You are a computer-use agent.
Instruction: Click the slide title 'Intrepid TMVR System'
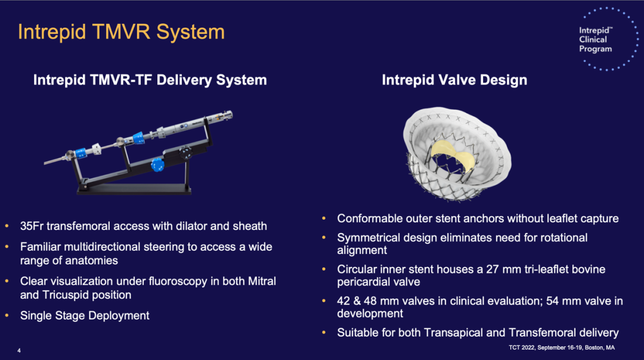[121, 32]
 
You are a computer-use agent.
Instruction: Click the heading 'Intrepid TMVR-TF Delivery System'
[150, 80]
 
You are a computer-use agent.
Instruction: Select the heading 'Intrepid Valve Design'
[454, 80]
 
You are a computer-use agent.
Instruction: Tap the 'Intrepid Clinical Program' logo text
[596, 39]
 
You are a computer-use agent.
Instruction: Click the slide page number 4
[19, 350]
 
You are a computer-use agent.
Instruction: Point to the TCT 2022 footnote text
[562, 347]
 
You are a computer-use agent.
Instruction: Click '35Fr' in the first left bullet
[32, 226]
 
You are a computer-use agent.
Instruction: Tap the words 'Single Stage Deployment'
[85, 315]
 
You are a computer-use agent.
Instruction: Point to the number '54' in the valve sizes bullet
[552, 301]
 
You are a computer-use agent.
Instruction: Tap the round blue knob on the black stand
[157, 165]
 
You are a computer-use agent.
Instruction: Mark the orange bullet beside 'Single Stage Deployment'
[7, 315]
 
